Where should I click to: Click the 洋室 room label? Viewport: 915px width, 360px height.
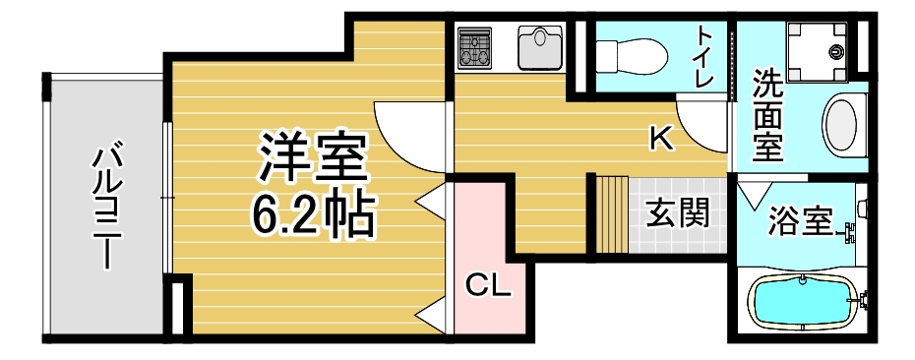click(x=314, y=157)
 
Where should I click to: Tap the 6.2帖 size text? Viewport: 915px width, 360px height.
click(x=313, y=213)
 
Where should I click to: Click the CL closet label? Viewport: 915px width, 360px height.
click(x=488, y=285)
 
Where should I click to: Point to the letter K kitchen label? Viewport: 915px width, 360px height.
click(x=662, y=139)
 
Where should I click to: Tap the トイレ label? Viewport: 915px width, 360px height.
click(x=704, y=57)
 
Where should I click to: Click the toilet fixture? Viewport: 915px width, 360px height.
click(x=632, y=56)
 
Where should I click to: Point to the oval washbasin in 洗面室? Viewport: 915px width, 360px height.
click(x=840, y=127)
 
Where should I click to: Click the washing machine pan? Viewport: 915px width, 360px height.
click(x=817, y=52)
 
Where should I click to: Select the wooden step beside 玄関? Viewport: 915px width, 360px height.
click(x=612, y=214)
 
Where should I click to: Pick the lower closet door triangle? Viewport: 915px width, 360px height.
click(x=431, y=316)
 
